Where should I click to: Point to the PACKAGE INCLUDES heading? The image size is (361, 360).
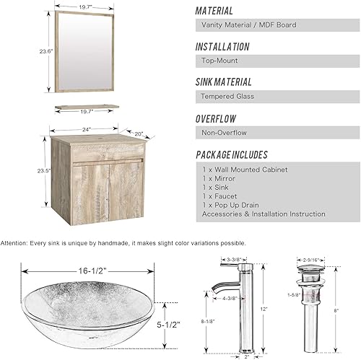[x=232, y=154]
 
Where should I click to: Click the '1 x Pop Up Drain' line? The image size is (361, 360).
[x=229, y=204]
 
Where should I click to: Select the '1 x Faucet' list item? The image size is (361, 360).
[x=219, y=196]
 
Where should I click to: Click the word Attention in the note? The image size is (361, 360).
[x=15, y=243]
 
